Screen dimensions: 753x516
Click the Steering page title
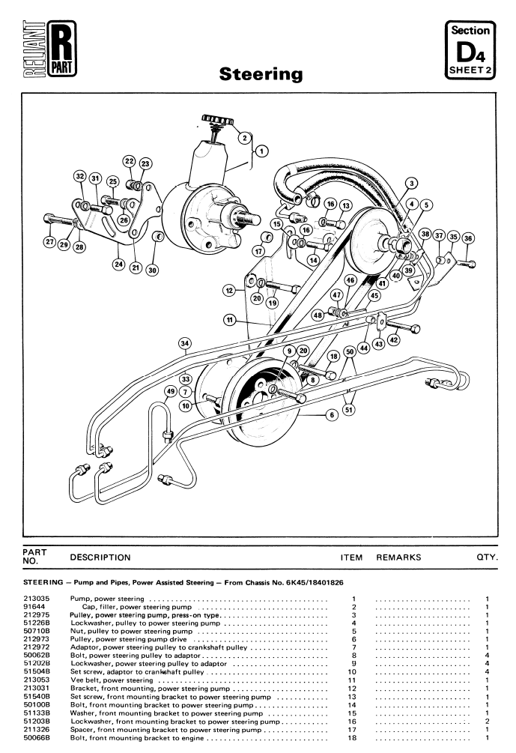coord(261,74)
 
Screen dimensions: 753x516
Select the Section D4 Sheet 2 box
coord(469,49)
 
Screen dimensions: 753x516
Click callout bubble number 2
coord(243,137)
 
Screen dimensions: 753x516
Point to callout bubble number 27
coord(49,242)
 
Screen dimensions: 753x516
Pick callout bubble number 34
coord(185,343)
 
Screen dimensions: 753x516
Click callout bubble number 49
coord(170,392)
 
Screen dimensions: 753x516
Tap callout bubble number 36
coord(469,238)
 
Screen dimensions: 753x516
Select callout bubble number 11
coord(230,320)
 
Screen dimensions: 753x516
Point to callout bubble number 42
coord(393,339)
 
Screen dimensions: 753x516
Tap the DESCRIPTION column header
coord(100,557)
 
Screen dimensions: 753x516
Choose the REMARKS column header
coord(398,557)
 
